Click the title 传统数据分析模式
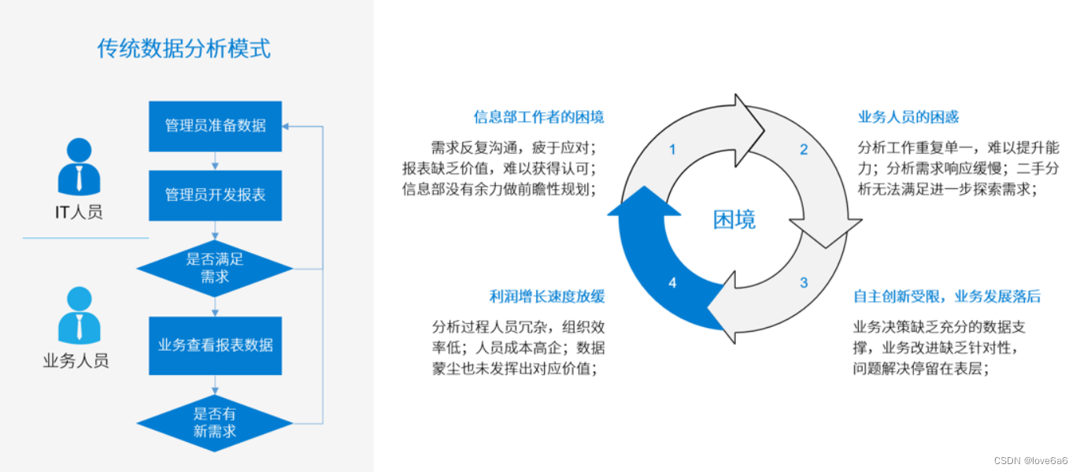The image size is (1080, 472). pyautogui.click(x=183, y=49)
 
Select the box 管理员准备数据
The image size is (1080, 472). pyautogui.click(x=215, y=126)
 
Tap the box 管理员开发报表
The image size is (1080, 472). pyautogui.click(x=215, y=195)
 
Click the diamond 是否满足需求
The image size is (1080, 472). pyautogui.click(x=215, y=268)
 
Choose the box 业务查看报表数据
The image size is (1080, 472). pyautogui.click(x=215, y=345)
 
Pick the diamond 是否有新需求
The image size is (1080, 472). pyautogui.click(x=215, y=422)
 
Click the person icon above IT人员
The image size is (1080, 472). pyautogui.click(x=80, y=166)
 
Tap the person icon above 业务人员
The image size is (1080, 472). pyautogui.click(x=80, y=315)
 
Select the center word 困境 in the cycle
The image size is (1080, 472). pyautogui.click(x=734, y=220)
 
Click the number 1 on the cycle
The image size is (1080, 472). pyautogui.click(x=672, y=149)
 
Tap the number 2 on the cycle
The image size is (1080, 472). pyautogui.click(x=804, y=149)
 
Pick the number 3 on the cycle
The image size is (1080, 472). pyautogui.click(x=804, y=282)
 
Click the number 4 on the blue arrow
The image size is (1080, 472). pyautogui.click(x=672, y=282)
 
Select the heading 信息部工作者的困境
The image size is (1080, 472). pyautogui.click(x=538, y=117)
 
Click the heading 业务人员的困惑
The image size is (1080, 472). pyautogui.click(x=908, y=117)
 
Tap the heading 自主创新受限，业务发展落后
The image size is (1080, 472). pyautogui.click(x=947, y=296)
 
